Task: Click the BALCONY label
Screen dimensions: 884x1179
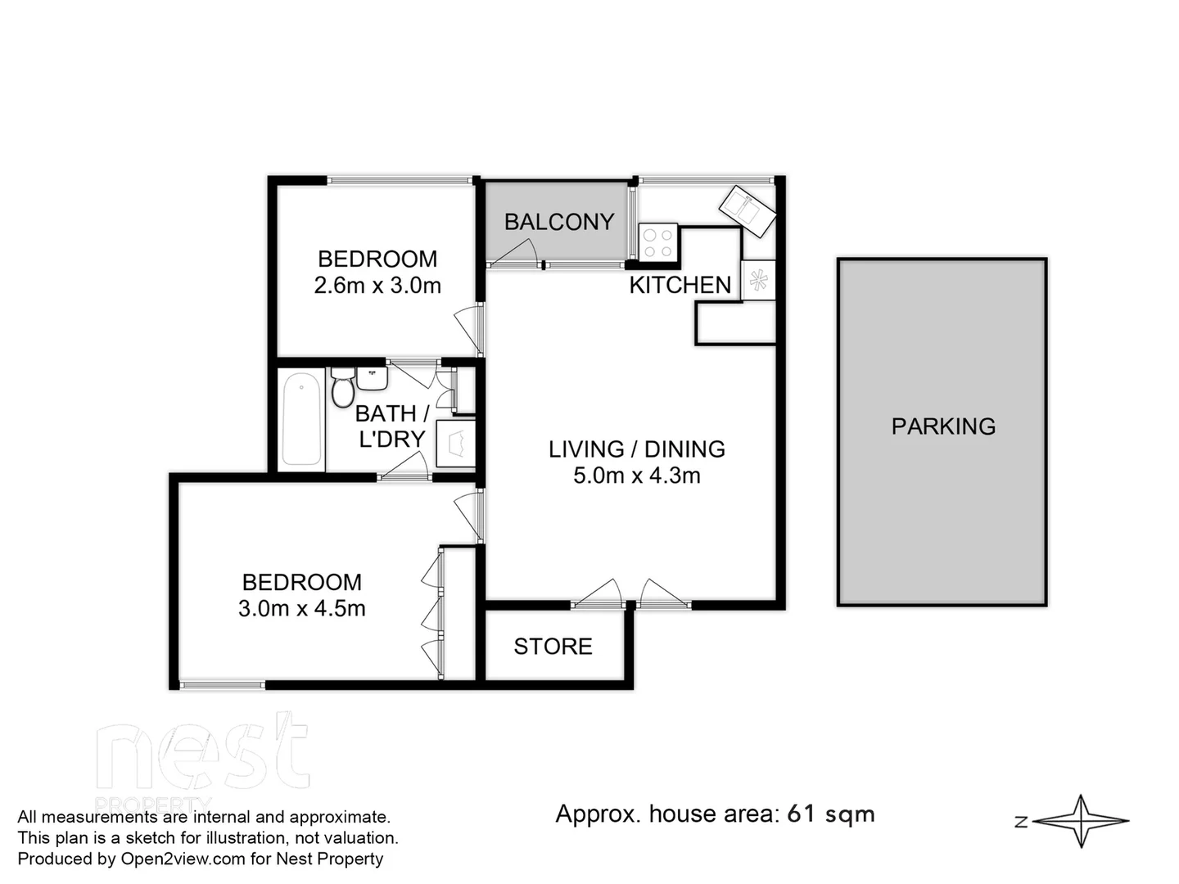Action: [558, 222]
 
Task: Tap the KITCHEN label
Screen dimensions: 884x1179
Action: [680, 285]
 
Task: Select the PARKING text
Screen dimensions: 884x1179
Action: [943, 426]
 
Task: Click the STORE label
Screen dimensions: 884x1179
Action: [553, 647]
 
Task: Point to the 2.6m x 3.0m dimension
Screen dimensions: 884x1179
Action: [377, 286]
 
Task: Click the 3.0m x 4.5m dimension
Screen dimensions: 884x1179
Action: [301, 609]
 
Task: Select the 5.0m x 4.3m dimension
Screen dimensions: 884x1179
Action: [636, 476]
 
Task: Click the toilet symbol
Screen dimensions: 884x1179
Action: [342, 388]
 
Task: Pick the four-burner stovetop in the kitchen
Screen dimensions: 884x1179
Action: [658, 242]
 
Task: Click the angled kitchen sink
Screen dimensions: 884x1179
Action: [747, 210]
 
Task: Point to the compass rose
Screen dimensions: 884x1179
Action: [1082, 821]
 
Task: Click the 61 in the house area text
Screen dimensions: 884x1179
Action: [801, 814]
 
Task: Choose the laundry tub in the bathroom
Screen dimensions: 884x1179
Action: [455, 444]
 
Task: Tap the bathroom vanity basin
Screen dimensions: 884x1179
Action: [372, 377]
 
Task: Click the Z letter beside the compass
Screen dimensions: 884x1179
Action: [1021, 822]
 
